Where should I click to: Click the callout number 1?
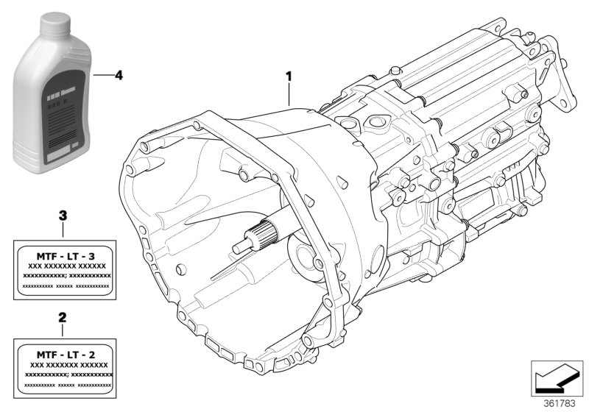[289, 76]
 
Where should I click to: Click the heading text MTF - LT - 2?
[66, 355]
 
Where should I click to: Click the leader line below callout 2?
[63, 331]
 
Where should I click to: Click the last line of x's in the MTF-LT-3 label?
[66, 286]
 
